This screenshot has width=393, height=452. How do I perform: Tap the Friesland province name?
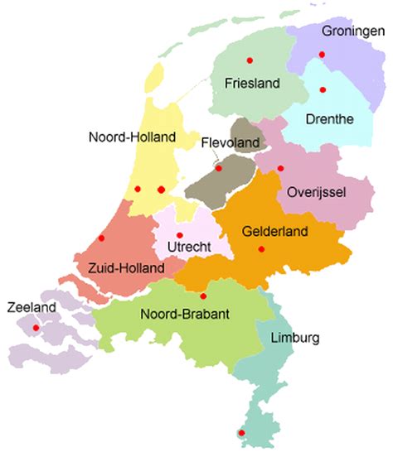(x=252, y=84)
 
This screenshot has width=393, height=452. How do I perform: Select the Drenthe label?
(x=328, y=119)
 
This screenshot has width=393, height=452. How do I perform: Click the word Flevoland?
(x=230, y=142)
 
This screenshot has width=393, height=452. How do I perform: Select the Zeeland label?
(x=31, y=307)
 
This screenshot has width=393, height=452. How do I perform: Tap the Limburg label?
(x=294, y=338)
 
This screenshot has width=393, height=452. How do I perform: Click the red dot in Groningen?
(x=322, y=55)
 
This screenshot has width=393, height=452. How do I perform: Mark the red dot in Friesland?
(x=249, y=60)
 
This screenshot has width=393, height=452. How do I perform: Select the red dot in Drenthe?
(x=323, y=89)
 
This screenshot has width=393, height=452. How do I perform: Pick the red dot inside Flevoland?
(x=219, y=170)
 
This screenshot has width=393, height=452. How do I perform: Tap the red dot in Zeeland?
(x=35, y=328)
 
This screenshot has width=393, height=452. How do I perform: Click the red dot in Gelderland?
(x=261, y=249)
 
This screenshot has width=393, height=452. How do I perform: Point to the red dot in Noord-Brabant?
(x=203, y=296)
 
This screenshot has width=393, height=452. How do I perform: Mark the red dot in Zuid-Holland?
(x=101, y=238)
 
